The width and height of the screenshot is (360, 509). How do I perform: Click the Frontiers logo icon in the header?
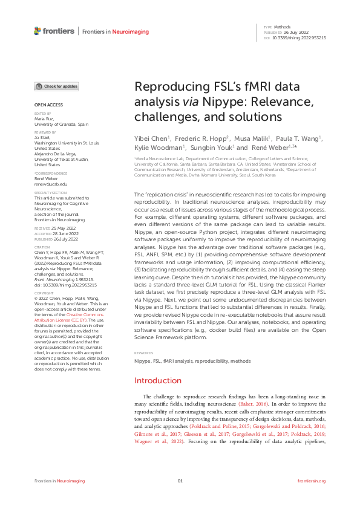click(x=38, y=30)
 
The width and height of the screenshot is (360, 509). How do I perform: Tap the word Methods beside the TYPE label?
click(x=281, y=27)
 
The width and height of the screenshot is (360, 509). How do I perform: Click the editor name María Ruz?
click(x=44, y=119)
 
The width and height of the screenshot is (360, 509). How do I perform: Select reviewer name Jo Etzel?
click(x=42, y=137)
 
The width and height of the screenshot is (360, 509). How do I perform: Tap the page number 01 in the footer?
click(x=180, y=481)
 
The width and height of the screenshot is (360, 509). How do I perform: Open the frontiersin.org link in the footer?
click(x=312, y=481)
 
